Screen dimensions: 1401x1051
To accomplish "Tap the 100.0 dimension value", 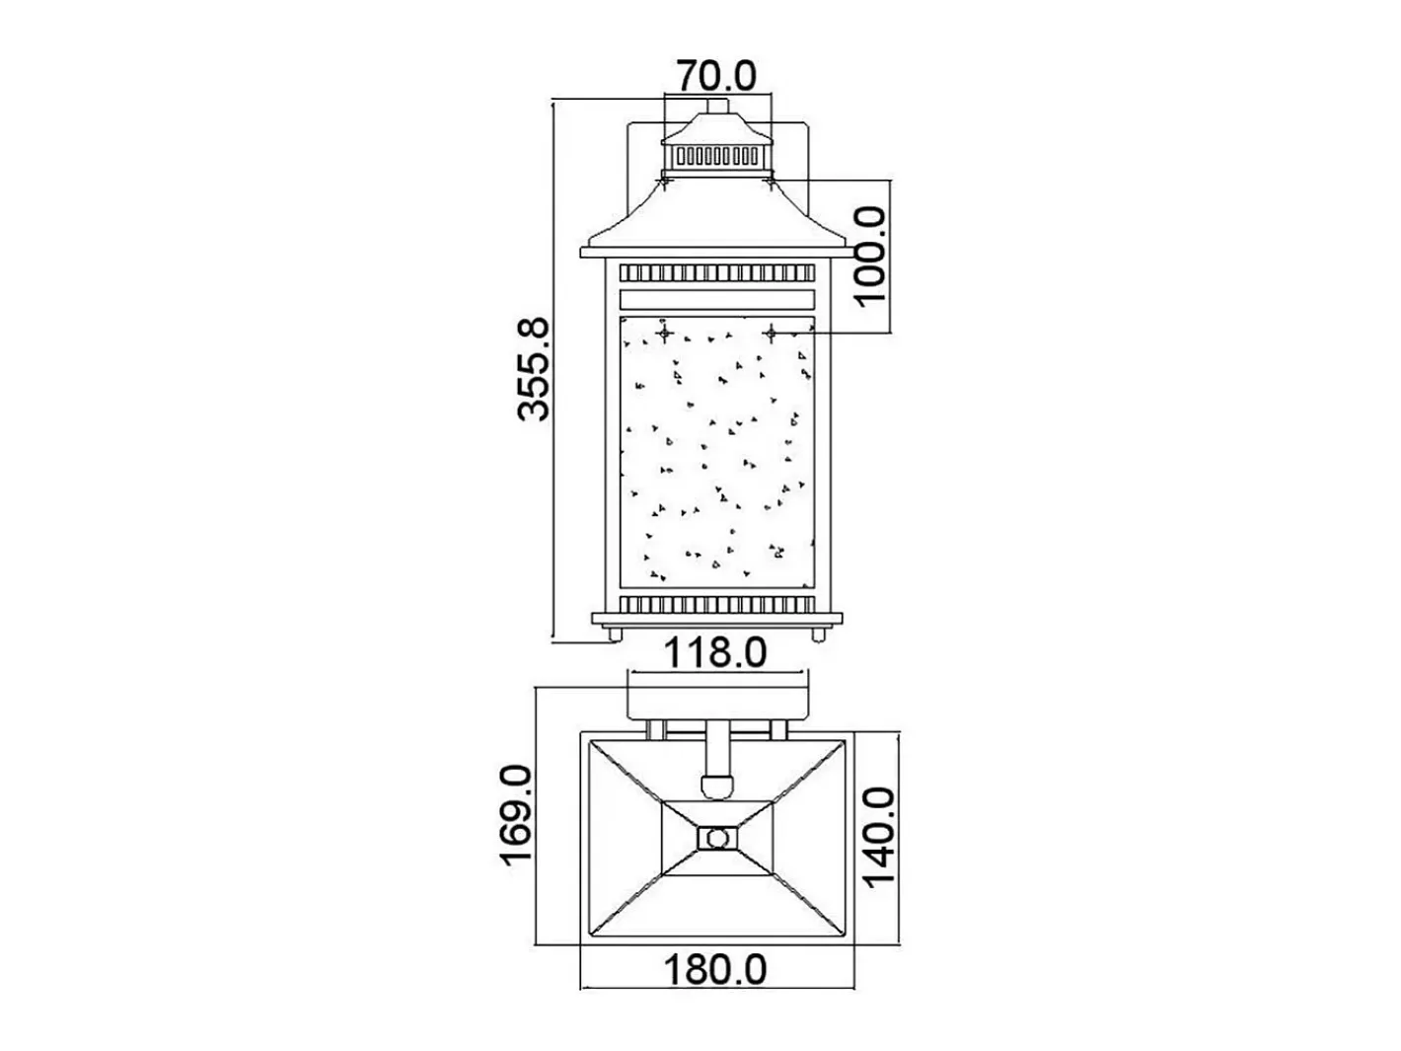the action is [870, 256].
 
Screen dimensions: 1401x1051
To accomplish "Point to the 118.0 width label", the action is [715, 653].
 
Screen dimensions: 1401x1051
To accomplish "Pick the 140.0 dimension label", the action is [878, 837].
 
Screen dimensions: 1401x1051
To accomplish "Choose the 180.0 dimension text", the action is [715, 970].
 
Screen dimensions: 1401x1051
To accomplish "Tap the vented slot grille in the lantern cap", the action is [717, 156].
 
